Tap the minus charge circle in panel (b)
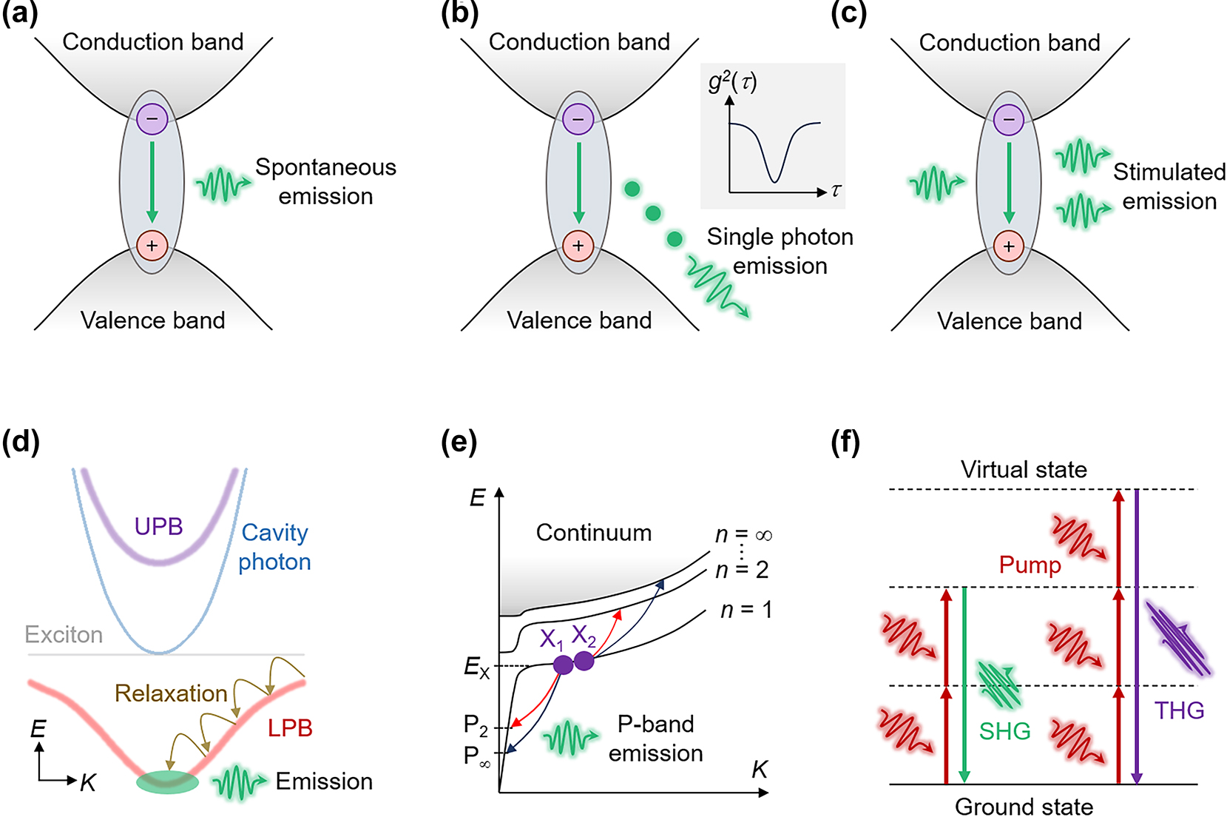coord(578,119)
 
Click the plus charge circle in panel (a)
coord(152,246)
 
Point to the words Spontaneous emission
coord(325,181)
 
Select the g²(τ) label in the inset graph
coord(732,81)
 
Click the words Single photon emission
coord(780,251)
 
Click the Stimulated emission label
coord(1169,186)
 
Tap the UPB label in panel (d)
coord(158,526)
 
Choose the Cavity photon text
coord(274,547)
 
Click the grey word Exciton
coord(64,634)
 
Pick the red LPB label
coord(290,728)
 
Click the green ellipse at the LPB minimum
coord(168,781)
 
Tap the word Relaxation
coord(171,693)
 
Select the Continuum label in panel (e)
coord(594,533)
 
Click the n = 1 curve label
coord(746,610)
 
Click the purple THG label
coord(1179,710)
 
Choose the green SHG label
coord(1004,731)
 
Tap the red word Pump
coord(1030,565)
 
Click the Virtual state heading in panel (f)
coord(1024,469)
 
